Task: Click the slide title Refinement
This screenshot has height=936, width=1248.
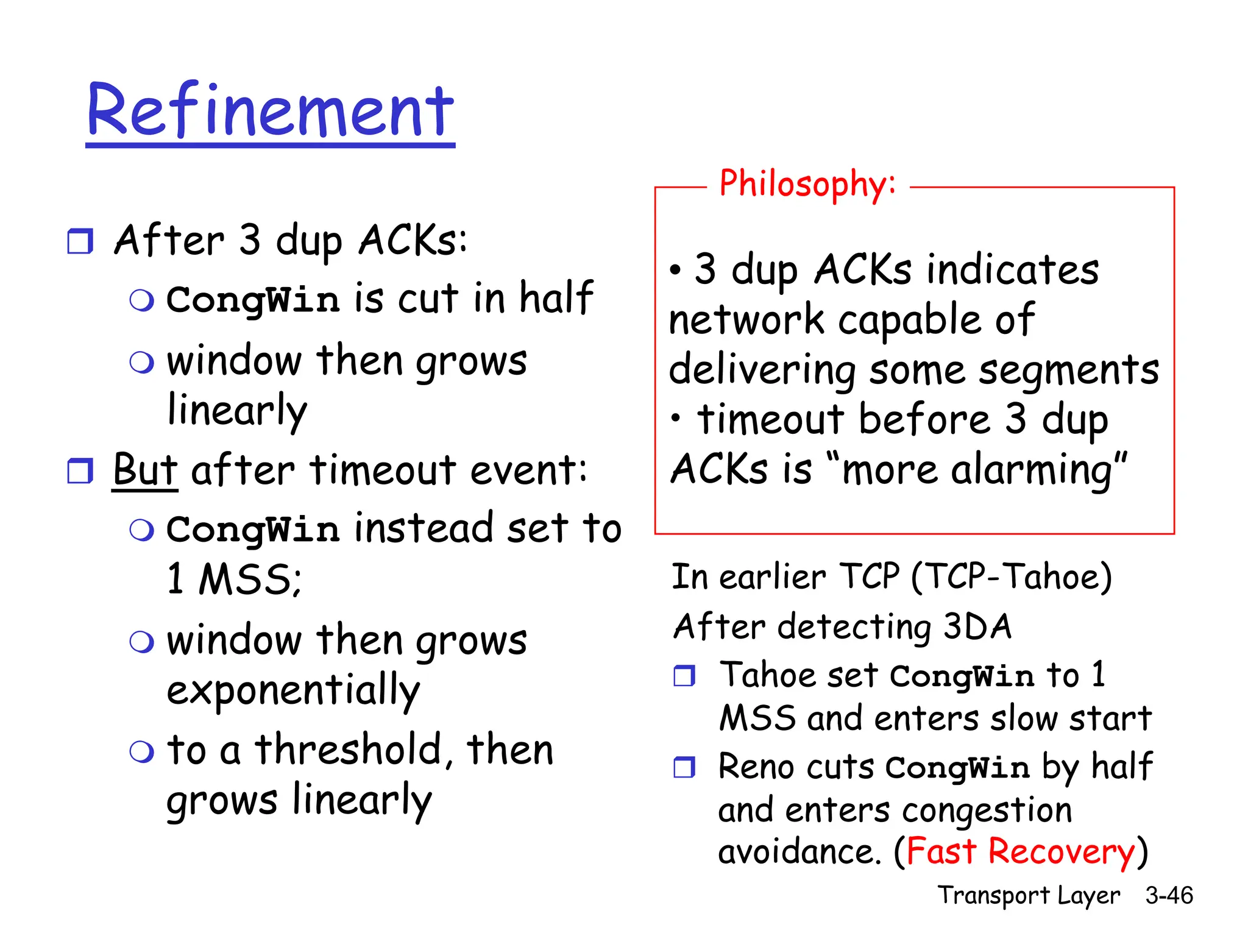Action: [x=271, y=111]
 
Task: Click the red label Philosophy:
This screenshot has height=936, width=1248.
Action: [x=807, y=184]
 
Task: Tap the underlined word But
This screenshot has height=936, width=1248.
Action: [x=145, y=470]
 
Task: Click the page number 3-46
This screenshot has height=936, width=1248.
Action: [x=1168, y=895]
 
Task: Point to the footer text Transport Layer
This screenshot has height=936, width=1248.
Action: [x=1028, y=895]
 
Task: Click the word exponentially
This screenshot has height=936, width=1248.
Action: [x=293, y=690]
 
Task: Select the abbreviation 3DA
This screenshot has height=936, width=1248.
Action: [x=977, y=626]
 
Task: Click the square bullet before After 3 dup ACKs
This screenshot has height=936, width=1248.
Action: [x=80, y=241]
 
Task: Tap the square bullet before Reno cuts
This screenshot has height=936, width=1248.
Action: [x=684, y=767]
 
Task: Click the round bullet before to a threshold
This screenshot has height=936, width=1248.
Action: [x=142, y=751]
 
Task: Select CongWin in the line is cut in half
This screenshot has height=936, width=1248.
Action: [x=252, y=300]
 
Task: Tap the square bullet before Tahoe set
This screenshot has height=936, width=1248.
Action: [x=684, y=676]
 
